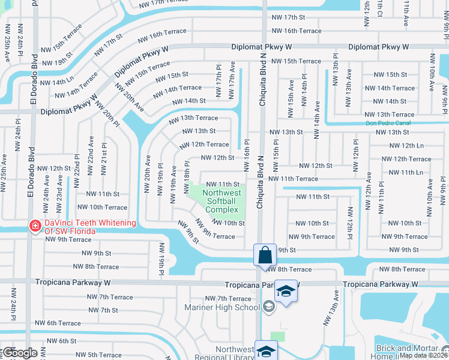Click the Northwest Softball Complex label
click(222, 202)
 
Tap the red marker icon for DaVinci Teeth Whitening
click(35, 226)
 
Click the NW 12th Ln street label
click(403, 146)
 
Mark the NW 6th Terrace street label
click(53, 323)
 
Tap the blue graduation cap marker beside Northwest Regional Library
click(266, 351)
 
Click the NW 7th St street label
click(100, 310)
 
